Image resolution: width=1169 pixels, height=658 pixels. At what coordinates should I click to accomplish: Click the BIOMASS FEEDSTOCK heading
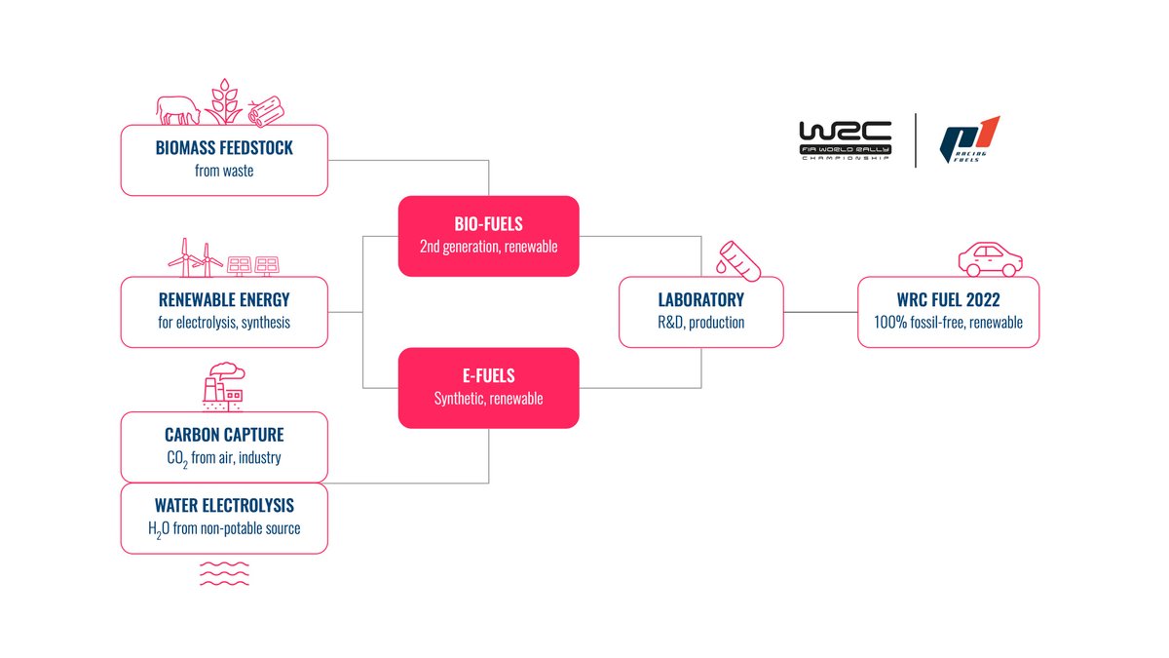[224, 149]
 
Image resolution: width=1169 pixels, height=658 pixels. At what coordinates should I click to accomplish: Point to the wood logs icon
[263, 112]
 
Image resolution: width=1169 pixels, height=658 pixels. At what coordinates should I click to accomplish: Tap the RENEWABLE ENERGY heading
[224, 300]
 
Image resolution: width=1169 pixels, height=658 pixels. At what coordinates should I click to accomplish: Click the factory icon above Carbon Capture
[223, 384]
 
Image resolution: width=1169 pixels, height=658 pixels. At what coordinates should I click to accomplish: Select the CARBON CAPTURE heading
[224, 435]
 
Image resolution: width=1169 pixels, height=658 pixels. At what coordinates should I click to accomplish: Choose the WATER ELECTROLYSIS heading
[224, 506]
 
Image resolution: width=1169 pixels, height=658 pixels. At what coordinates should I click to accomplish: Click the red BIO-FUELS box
[488, 236]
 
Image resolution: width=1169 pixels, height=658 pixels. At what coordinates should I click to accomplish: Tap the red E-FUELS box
[488, 388]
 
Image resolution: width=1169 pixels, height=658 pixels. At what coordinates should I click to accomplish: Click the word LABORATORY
[700, 300]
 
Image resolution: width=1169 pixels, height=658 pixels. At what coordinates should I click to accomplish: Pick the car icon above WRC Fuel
[990, 258]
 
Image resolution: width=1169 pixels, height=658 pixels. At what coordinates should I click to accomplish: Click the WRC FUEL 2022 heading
[948, 300]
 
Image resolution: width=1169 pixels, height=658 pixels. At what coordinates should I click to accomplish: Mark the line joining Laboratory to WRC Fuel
[820, 313]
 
